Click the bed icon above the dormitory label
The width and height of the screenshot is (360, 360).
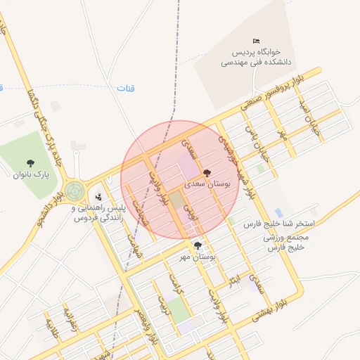[256, 41]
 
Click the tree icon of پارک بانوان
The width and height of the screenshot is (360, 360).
[29, 163]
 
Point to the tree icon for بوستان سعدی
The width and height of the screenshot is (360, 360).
[206, 172]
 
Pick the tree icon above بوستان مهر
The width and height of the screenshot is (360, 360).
[198, 245]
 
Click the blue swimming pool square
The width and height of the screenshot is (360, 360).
[279, 213]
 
